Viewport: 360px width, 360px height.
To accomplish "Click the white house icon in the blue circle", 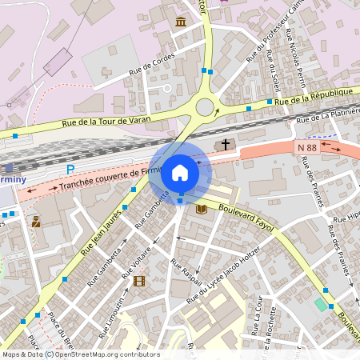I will (x=180, y=171).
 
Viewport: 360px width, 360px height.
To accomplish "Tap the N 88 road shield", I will (x=308, y=147).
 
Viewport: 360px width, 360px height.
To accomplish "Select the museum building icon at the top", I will (x=182, y=21).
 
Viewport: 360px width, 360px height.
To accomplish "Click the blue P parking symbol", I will (x=70, y=170).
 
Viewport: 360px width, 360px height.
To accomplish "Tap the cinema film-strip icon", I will (x=140, y=281).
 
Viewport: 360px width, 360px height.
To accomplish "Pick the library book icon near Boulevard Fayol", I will (x=202, y=209).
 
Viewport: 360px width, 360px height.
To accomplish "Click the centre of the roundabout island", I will (x=206, y=106).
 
